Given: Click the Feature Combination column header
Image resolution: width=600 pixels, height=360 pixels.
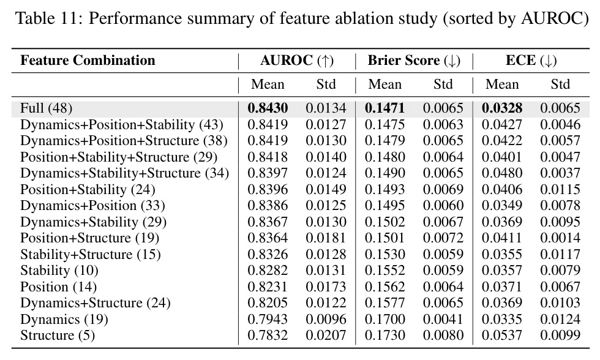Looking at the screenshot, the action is [x=88, y=61].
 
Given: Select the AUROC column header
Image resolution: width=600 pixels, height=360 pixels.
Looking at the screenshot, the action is [x=297, y=61].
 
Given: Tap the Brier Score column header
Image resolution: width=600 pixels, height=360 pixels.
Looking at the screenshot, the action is [x=414, y=61].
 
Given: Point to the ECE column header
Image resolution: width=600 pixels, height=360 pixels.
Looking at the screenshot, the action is [x=531, y=61].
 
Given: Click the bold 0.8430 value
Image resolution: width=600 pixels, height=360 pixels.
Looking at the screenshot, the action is [x=268, y=108].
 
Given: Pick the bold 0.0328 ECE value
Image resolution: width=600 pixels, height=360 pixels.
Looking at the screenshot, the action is [x=501, y=108].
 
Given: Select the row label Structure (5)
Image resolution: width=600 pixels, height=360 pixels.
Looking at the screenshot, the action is [x=58, y=336].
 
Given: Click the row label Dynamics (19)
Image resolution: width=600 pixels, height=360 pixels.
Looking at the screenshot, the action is [x=64, y=320].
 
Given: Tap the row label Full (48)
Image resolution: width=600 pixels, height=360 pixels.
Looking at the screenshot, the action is [x=47, y=108].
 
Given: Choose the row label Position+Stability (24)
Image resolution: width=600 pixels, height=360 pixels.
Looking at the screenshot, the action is [x=88, y=189].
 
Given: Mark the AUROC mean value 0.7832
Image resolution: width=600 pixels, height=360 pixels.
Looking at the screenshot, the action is [x=268, y=336].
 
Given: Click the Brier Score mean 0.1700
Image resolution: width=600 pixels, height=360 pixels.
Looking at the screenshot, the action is [x=384, y=320].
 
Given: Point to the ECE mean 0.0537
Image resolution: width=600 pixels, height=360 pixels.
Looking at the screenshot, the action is [x=501, y=336].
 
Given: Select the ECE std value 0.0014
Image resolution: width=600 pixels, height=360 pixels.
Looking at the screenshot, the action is [x=560, y=238].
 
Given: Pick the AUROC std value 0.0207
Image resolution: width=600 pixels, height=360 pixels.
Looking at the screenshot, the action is [x=326, y=336].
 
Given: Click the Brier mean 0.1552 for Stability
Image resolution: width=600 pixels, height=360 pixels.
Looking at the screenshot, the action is [x=384, y=271].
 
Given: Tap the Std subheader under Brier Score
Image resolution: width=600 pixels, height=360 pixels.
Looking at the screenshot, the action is [x=443, y=84].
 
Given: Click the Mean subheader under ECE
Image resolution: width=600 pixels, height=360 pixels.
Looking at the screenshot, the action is [x=502, y=84].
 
